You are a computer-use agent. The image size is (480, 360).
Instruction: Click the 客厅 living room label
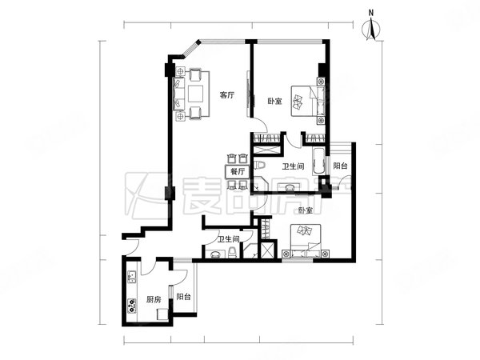(227, 94)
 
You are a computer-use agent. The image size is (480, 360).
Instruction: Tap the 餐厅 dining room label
(237, 171)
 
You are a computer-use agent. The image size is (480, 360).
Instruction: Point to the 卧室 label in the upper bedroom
(274, 101)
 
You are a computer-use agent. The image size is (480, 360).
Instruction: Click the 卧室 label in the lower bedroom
(305, 210)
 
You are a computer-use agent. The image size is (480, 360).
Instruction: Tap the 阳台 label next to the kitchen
(184, 297)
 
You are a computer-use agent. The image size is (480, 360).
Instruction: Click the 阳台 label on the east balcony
(341, 166)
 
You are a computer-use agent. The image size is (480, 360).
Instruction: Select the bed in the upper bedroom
(304, 100)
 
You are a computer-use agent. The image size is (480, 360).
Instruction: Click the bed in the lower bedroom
(308, 238)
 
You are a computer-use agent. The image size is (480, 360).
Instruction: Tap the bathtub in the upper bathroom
(318, 163)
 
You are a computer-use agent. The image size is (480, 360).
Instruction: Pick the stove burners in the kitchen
(130, 303)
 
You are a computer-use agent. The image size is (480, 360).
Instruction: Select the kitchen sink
(131, 279)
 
